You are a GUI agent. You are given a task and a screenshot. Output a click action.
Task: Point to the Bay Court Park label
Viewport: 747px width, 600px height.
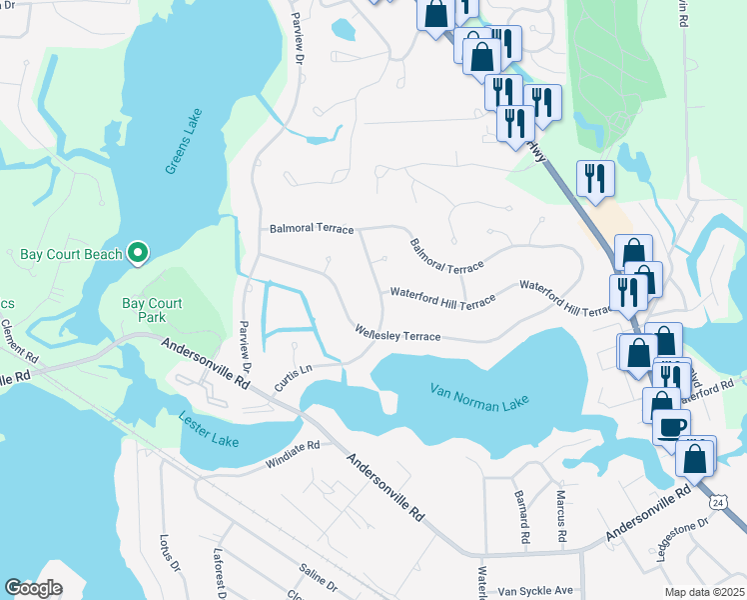click(x=152, y=310)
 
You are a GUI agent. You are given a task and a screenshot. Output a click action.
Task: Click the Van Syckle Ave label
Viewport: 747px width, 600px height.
click(x=536, y=591)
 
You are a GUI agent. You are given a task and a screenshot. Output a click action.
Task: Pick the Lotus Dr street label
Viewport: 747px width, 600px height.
click(x=167, y=554)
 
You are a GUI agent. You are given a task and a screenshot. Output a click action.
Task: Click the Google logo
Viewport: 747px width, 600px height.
click(x=33, y=588)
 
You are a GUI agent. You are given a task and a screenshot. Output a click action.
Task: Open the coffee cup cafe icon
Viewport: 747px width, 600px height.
click(x=671, y=427)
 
